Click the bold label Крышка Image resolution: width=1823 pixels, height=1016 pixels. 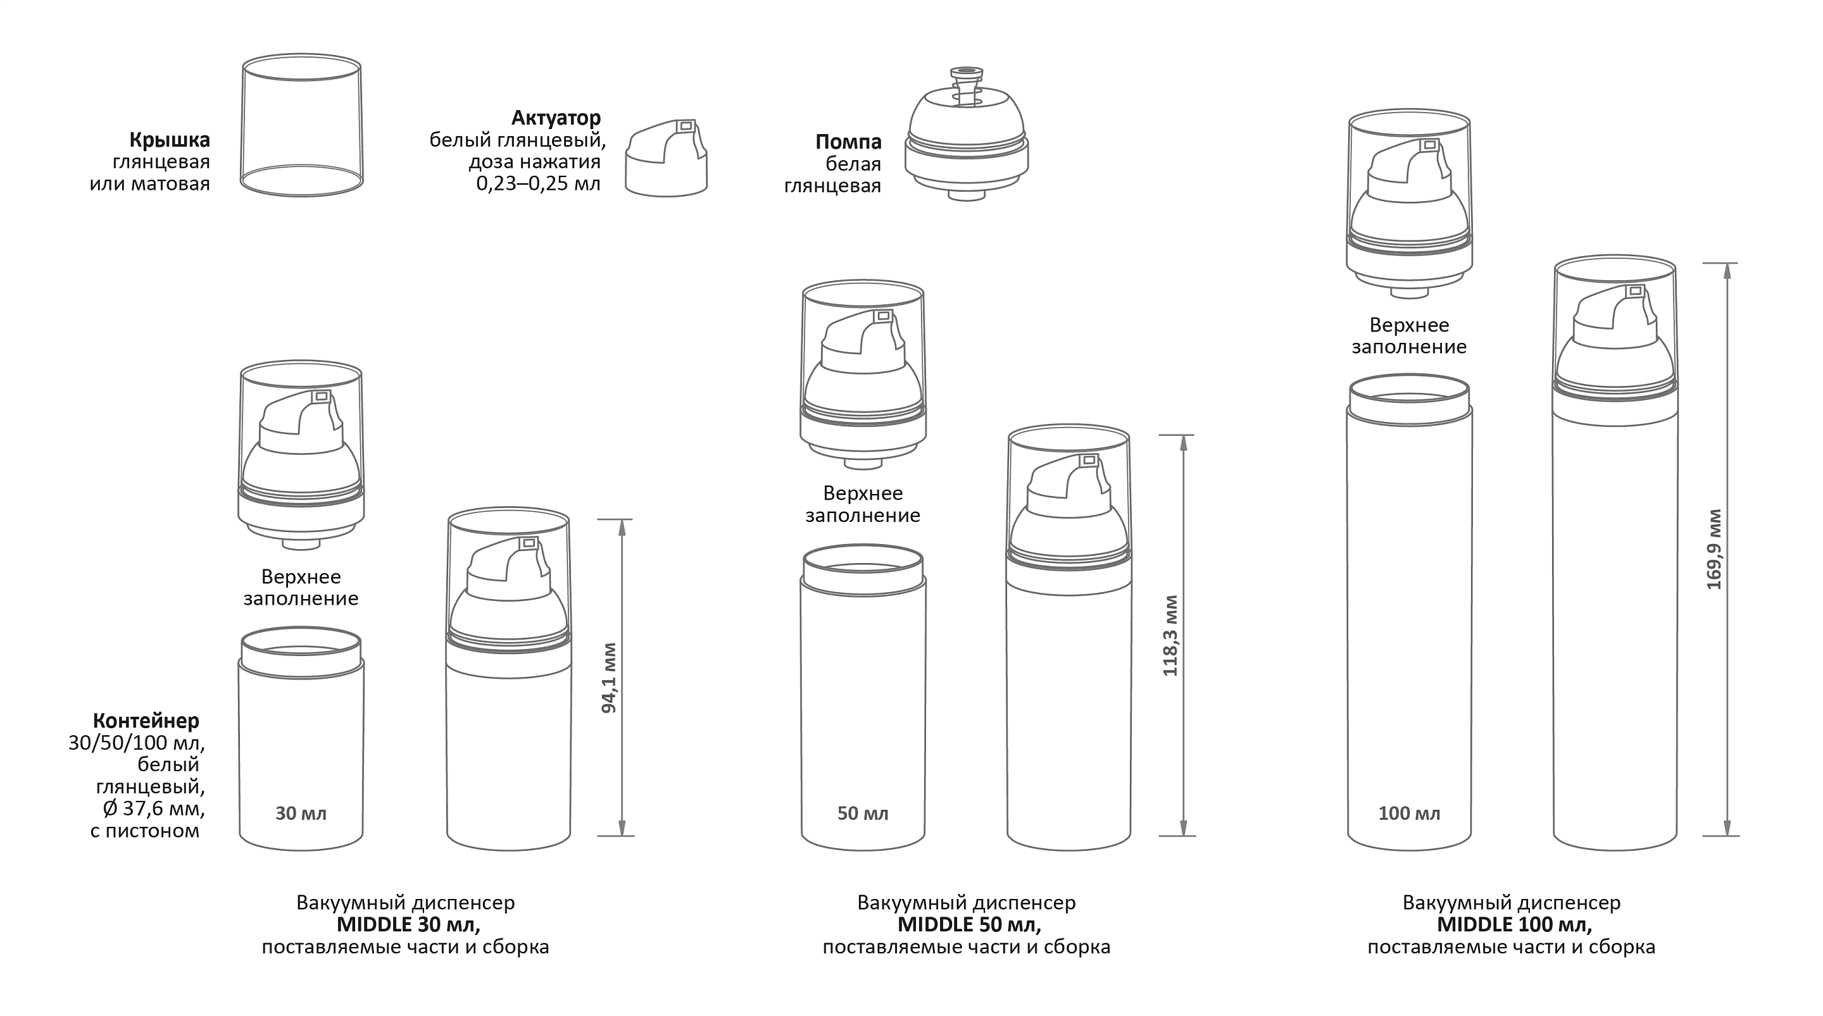[169, 140]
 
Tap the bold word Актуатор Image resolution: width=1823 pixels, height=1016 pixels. [556, 118]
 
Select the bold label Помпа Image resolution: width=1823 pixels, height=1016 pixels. [848, 142]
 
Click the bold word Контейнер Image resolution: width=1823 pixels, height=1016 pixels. [146, 721]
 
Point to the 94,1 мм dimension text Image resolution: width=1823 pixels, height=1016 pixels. [608, 678]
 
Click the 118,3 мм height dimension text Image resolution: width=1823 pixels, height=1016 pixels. [1170, 635]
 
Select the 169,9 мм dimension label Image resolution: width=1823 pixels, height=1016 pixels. [1714, 549]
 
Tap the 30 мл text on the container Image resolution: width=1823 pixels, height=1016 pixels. [301, 814]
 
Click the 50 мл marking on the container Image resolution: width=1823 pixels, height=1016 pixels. [863, 814]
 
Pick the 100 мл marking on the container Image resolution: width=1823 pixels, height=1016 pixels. [1409, 814]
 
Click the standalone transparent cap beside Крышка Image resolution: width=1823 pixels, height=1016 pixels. [301, 125]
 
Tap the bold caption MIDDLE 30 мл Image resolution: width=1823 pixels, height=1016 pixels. [408, 925]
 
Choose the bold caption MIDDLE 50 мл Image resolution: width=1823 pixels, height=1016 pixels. [970, 925]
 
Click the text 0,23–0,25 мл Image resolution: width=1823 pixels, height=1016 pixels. [538, 184]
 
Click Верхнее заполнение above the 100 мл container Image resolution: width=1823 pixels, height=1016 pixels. [1409, 336]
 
